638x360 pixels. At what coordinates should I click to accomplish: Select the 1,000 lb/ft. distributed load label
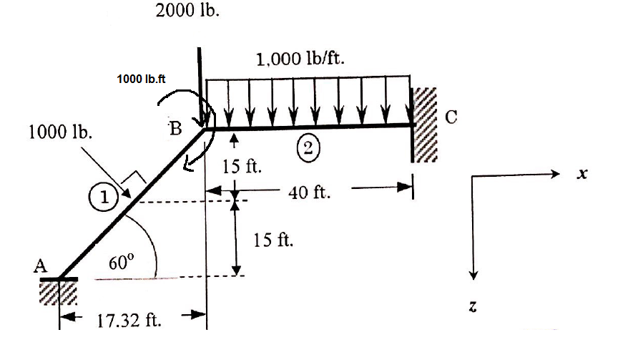[x=301, y=59]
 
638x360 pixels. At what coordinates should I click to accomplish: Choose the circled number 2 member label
[x=308, y=149]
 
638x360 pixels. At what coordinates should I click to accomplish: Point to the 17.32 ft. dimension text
[x=129, y=319]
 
